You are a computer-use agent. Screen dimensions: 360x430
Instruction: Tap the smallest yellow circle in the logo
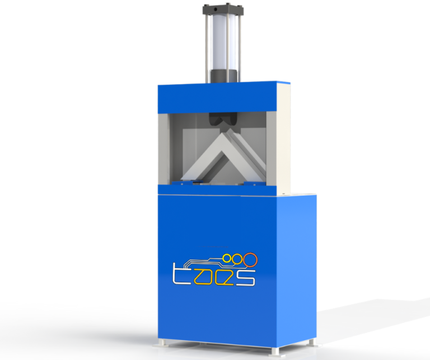[226, 258]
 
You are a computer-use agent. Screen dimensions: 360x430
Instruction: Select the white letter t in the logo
[179, 275]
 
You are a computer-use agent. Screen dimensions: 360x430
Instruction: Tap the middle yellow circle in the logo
[237, 259]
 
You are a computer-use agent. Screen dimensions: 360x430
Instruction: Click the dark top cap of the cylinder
[223, 10]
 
